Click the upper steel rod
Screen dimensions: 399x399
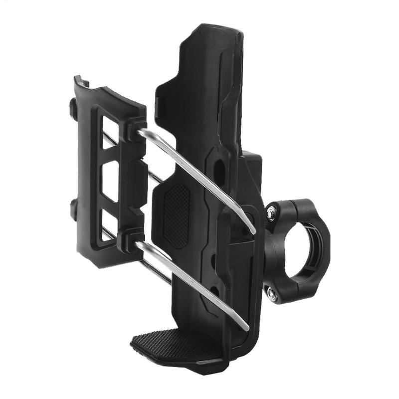pos(199,175)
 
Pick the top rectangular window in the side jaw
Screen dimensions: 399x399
pos(111,132)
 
